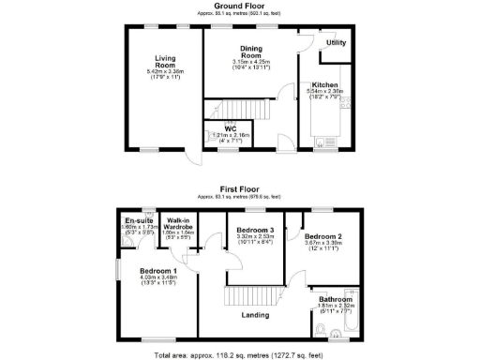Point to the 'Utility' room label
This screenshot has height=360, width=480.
(335, 44)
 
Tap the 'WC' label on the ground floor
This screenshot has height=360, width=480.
(229, 128)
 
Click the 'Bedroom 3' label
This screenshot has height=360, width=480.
(255, 230)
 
